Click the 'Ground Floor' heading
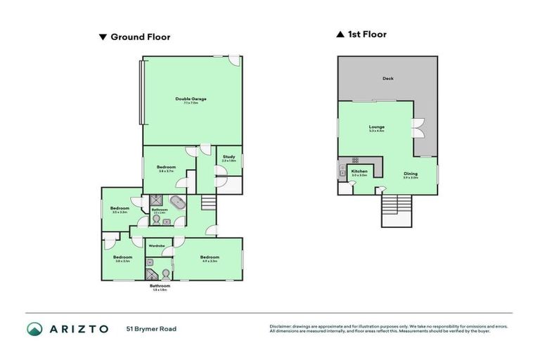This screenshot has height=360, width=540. pyautogui.click(x=140, y=37)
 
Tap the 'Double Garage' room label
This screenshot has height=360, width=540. pyautogui.click(x=191, y=100)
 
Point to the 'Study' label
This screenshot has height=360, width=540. pyautogui.click(x=229, y=157)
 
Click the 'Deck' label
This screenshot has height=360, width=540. pyautogui.click(x=388, y=79)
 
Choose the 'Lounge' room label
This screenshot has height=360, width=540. pyautogui.click(x=377, y=127)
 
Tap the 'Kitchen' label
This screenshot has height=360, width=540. pyautogui.click(x=359, y=172)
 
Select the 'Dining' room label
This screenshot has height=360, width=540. pyautogui.click(x=410, y=174)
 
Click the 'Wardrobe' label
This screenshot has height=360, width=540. pyautogui.click(x=156, y=245)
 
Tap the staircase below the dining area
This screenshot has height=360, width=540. pyautogui.click(x=395, y=209)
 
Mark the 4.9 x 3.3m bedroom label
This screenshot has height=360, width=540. pyautogui.click(x=210, y=258)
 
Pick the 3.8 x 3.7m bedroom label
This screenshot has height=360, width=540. pyautogui.click(x=166, y=168)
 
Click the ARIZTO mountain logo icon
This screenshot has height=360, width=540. pyautogui.click(x=34, y=328)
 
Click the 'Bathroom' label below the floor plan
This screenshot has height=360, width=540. pyautogui.click(x=160, y=286)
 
